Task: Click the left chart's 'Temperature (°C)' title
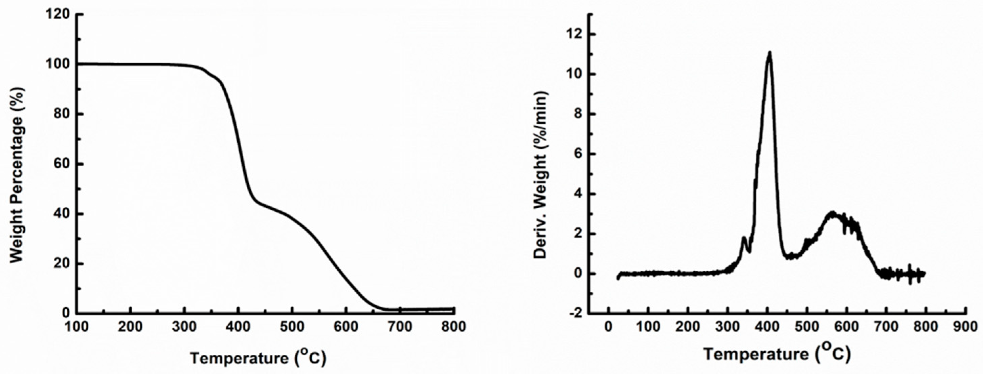258,358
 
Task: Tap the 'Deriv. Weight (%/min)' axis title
540,175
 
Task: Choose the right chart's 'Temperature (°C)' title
777,354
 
